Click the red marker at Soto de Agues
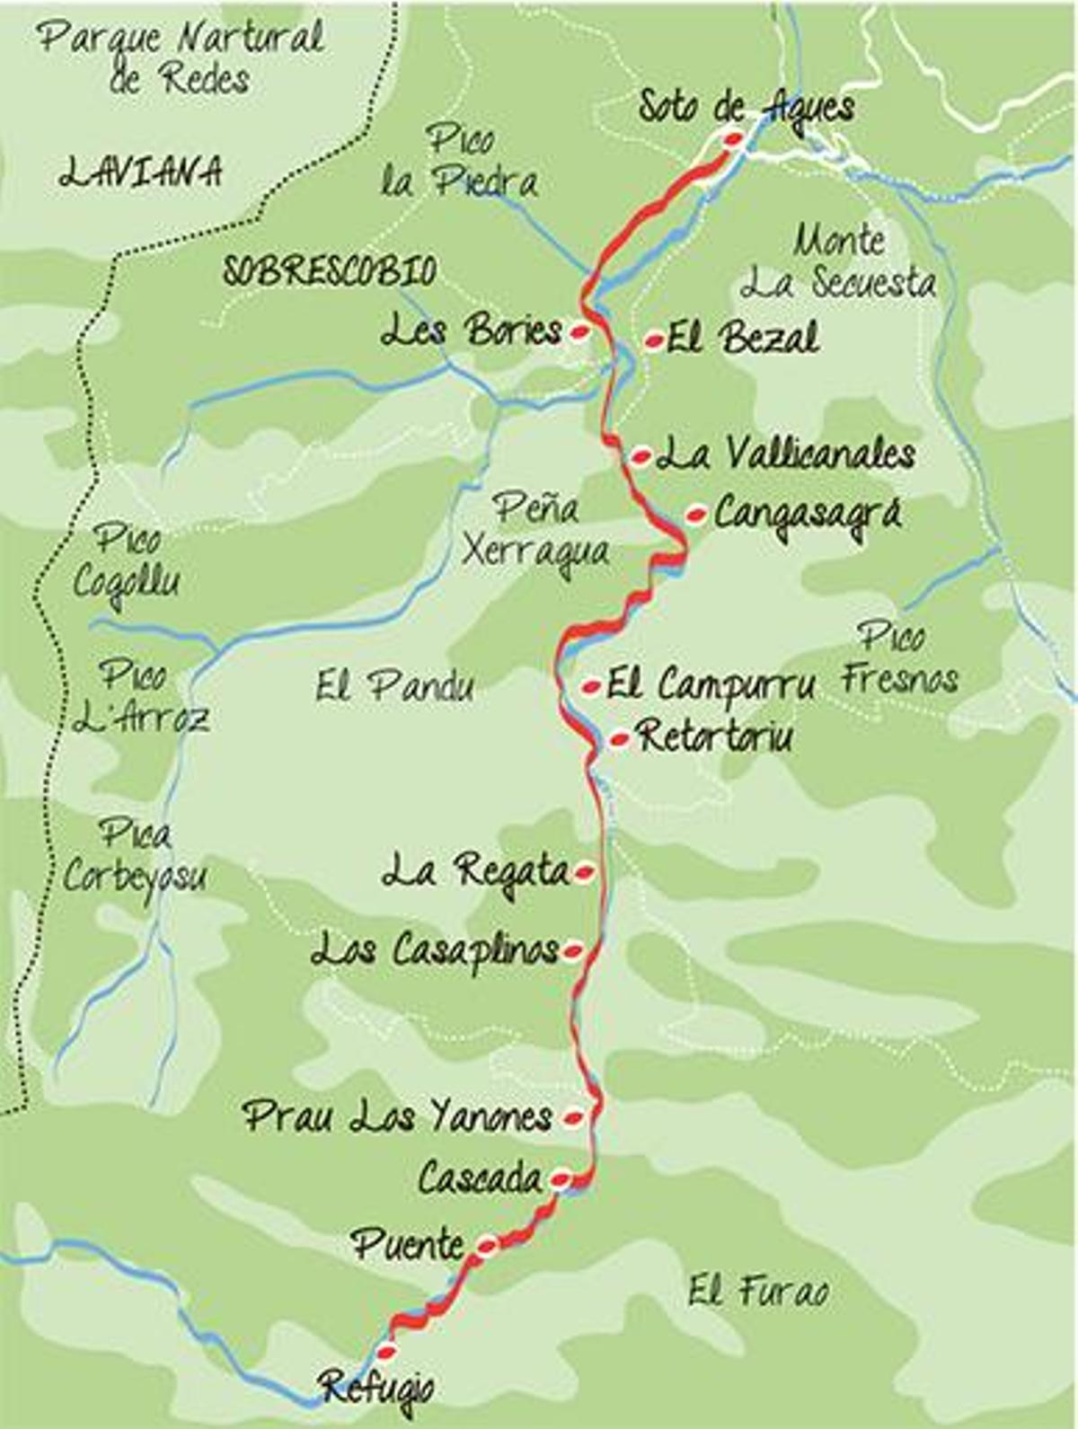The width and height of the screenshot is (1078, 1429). click(733, 138)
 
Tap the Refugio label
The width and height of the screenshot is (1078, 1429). click(377, 1388)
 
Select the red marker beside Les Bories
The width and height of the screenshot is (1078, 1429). click(580, 332)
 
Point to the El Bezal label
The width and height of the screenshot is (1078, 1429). click(743, 339)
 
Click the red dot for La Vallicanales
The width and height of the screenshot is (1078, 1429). click(641, 456)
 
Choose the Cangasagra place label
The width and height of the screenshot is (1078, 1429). click(807, 515)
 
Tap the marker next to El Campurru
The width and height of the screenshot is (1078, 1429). click(591, 687)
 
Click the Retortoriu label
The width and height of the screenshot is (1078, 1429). click(715, 737)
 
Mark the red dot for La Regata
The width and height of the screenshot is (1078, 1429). click(584, 870)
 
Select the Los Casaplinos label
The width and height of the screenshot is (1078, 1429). click(435, 950)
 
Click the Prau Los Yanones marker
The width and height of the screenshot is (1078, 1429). click(572, 1118)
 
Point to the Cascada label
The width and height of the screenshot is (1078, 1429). click(480, 1178)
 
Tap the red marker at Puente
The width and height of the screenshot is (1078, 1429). click(486, 1245)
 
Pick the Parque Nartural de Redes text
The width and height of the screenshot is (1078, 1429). click(181, 57)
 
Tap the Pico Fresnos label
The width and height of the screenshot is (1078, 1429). click(898, 658)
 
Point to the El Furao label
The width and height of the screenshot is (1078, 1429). click(758, 1292)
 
